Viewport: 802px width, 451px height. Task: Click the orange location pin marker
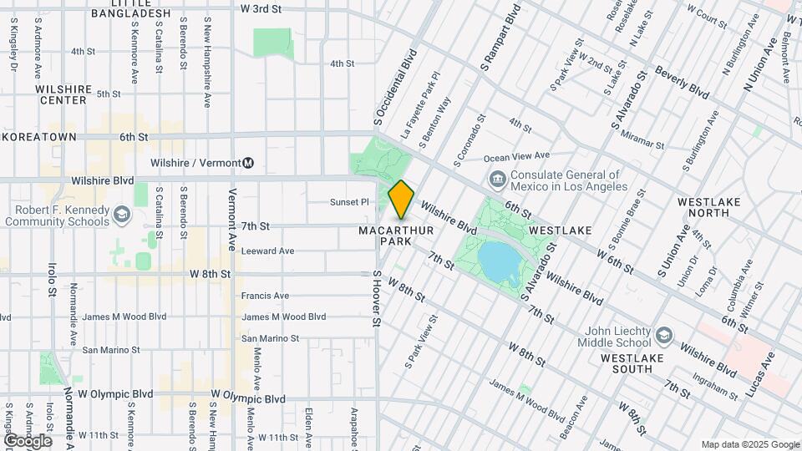401,199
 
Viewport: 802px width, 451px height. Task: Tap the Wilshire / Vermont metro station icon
249,163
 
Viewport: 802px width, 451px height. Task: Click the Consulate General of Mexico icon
497,179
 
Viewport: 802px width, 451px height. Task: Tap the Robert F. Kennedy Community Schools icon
123,215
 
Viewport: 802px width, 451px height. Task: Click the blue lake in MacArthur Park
502,260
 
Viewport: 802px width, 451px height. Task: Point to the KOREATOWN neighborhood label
38,137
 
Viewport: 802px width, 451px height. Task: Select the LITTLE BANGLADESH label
129,9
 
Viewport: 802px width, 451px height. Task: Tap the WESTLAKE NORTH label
708,207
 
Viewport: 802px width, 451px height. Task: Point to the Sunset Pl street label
349,202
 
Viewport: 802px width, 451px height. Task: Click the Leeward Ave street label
267,251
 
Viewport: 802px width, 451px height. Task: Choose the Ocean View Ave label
516,156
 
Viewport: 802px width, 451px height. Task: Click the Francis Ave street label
265,296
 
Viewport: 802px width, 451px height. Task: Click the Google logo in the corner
27,441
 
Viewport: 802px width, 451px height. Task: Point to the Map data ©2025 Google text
749,444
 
